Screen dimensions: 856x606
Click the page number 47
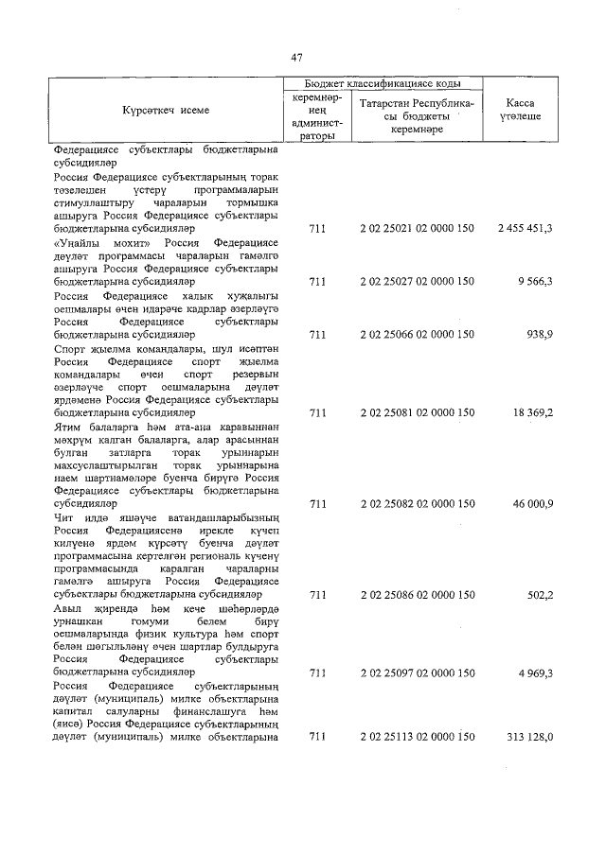[x=296, y=58]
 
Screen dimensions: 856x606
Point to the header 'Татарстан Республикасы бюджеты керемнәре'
[x=418, y=116]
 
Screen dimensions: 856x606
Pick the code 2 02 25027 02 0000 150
[x=418, y=282]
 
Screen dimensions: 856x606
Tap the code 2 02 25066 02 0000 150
[x=418, y=334]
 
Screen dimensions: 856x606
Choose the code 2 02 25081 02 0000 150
[x=418, y=412]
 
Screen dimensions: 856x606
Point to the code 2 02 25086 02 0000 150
[x=418, y=595]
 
